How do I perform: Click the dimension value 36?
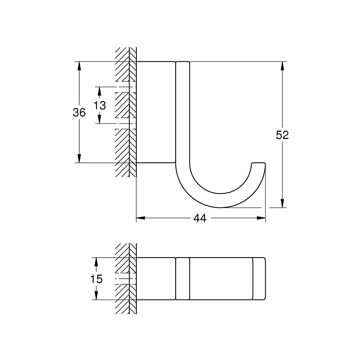click(79, 112)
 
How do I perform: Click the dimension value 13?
click(100, 105)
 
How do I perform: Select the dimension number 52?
click(282, 135)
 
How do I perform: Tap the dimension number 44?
click(200, 218)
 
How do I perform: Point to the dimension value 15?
click(96, 279)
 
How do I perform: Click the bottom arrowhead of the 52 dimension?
click(282, 203)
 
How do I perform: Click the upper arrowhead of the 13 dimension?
click(100, 91)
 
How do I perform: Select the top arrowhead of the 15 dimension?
click(96, 262)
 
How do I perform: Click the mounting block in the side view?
click(155, 112)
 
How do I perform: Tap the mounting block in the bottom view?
click(155, 278)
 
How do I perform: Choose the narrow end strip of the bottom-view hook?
click(259, 278)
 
